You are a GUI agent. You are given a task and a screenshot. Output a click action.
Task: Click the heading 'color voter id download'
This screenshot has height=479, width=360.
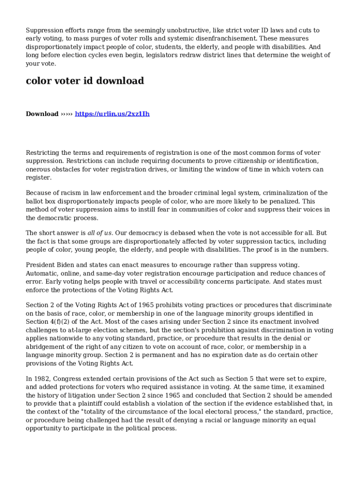(85, 81)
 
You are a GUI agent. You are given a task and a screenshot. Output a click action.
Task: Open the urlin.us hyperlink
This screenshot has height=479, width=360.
(112, 114)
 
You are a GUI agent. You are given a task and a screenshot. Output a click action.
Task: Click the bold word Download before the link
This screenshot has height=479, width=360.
(42, 114)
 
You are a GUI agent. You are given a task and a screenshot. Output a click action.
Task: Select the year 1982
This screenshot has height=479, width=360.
(42, 378)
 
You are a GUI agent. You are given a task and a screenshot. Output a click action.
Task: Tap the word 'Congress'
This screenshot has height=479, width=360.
(70, 378)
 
